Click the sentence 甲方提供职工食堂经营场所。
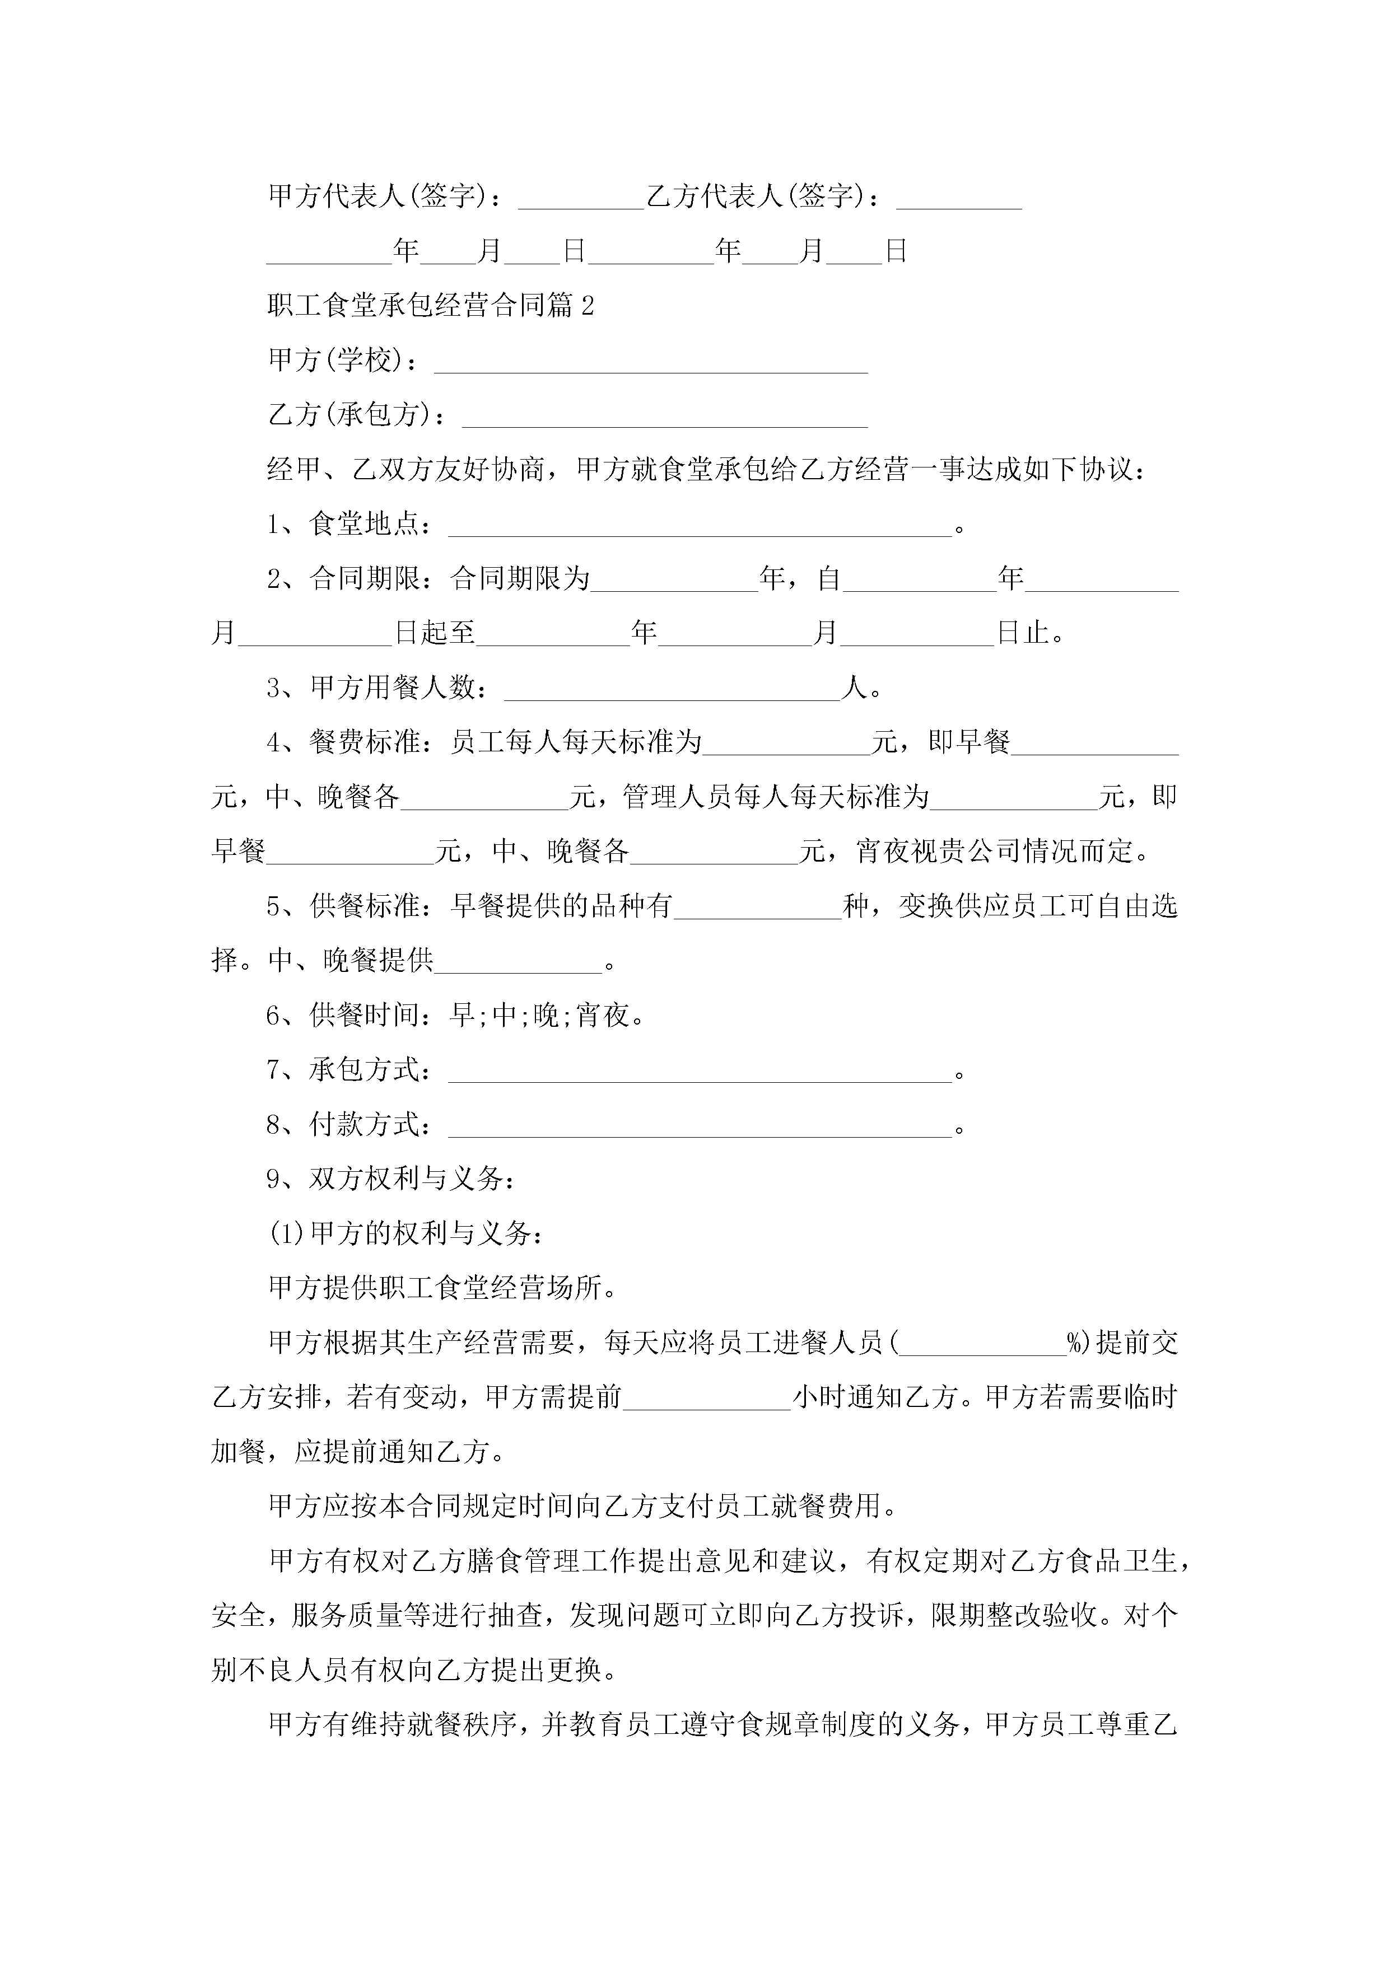[x=442, y=1288]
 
